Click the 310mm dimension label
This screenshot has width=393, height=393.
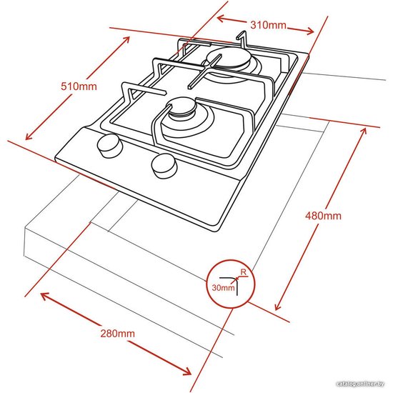268,25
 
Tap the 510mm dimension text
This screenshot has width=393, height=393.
79,86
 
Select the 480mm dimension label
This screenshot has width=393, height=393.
323,216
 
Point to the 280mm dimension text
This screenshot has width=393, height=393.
118,334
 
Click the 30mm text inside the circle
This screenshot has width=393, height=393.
223,287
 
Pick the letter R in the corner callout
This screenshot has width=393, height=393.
243,272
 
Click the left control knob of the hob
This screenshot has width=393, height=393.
109,146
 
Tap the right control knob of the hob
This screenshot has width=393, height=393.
164,166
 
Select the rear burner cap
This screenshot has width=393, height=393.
228,59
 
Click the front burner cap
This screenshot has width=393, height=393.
182,108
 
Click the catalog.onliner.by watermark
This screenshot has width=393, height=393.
360,384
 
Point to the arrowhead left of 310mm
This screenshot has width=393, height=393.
220,19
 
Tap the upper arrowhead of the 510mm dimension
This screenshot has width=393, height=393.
126,40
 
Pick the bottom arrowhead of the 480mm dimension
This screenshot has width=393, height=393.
277,307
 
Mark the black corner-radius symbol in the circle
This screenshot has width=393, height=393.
232,283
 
